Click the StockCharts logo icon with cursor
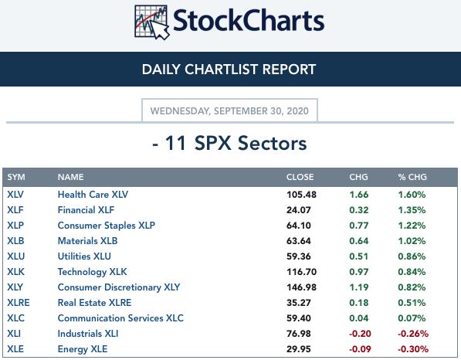[x=151, y=22]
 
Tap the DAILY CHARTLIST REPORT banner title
[x=229, y=70]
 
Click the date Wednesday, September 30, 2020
[x=229, y=111]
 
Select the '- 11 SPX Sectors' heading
[x=229, y=143]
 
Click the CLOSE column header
[x=300, y=177]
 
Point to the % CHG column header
[x=412, y=177]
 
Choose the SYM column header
[x=16, y=177]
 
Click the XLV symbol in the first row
[x=15, y=195]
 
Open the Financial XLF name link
[x=86, y=210]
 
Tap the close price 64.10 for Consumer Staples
[x=298, y=226]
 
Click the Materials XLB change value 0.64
[x=359, y=241]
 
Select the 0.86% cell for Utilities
[x=412, y=256]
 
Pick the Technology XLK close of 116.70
[x=301, y=272]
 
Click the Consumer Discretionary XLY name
[x=119, y=287]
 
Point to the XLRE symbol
[x=19, y=303]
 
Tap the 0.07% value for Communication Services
[x=412, y=318]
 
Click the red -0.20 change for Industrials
[x=360, y=334]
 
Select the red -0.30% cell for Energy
[x=413, y=349]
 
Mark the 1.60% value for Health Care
[x=412, y=195]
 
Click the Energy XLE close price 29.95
[x=298, y=349]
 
